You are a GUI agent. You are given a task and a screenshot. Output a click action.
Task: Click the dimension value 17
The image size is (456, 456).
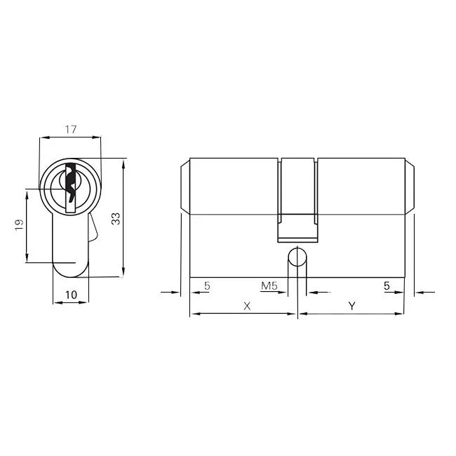69,129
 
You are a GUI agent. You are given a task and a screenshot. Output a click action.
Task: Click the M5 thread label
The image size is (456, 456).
269,286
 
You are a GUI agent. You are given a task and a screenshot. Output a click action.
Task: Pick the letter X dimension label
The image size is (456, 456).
246,306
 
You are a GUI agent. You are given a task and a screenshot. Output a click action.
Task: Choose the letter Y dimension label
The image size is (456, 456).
352,306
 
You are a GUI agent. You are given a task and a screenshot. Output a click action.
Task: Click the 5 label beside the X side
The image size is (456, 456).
206,286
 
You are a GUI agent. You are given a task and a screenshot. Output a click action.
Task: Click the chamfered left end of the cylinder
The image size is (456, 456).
185,186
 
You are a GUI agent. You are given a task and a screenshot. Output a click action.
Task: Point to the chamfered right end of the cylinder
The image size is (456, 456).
410,186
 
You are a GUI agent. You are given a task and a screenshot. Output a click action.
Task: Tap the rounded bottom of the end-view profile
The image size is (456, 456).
71,270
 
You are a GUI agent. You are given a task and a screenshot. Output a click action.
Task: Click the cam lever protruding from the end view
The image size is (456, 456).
93,228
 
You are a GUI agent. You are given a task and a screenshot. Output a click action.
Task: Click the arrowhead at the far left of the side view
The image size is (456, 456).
176,290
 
